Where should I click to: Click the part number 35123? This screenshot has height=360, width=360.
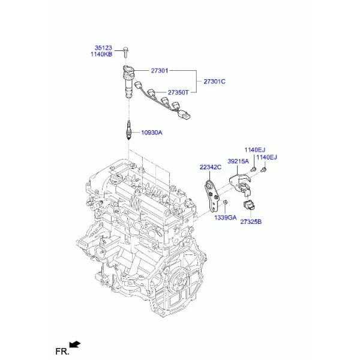[103, 48]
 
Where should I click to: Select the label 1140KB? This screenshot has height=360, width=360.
[101, 55]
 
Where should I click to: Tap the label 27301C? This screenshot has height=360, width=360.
[214, 82]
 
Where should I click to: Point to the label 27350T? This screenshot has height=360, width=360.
[178, 92]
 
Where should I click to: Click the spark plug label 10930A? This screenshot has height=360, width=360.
[152, 133]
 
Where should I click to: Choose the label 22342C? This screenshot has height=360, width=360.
[211, 167]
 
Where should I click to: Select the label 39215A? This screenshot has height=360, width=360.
[238, 161]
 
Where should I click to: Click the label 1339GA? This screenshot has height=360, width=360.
[225, 217]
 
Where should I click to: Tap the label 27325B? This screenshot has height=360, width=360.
[251, 222]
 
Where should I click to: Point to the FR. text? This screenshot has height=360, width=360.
[62, 352]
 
